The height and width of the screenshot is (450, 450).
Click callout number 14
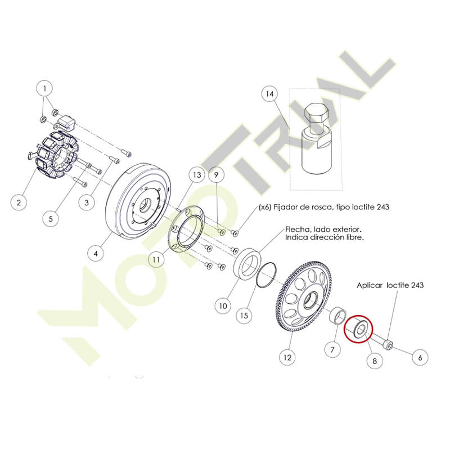pyautogui.click(x=270, y=94)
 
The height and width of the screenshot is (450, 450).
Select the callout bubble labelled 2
pyautogui.click(x=19, y=202)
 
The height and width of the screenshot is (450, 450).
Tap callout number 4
pyautogui.click(x=96, y=254)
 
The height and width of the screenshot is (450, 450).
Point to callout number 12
pyautogui.click(x=287, y=357)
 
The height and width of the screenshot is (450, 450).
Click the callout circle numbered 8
pyautogui.click(x=375, y=361)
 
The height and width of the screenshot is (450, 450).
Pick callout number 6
pyautogui.click(x=420, y=357)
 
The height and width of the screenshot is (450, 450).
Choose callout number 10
pyautogui.click(x=223, y=306)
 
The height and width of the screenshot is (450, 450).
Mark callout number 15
pyautogui.click(x=244, y=316)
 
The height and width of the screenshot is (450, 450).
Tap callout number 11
pyautogui.click(x=156, y=259)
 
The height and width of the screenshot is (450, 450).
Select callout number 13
pyautogui.click(x=197, y=175)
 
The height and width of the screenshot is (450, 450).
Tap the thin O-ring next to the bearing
pyautogui.click(x=267, y=274)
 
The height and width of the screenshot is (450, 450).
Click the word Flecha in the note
pyautogui.click(x=296, y=229)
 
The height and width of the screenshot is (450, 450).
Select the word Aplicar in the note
pyautogui.click(x=370, y=285)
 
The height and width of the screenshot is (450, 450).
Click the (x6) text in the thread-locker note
pyautogui.click(x=265, y=206)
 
